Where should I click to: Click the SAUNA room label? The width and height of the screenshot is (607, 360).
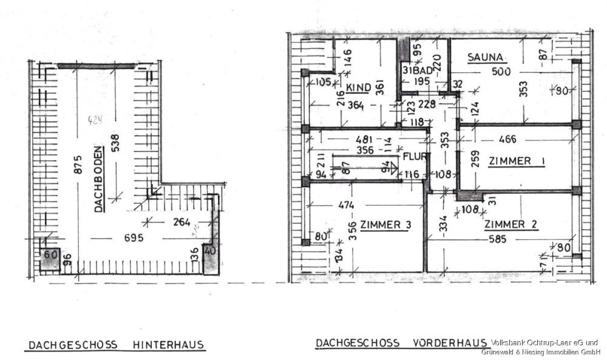click(486, 58)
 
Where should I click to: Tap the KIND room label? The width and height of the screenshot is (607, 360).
click(358, 89)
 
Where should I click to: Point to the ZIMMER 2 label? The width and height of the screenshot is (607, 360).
click(511, 225)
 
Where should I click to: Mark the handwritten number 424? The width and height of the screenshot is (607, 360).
click(94, 120)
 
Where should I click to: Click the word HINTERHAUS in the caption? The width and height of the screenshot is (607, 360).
click(168, 346)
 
